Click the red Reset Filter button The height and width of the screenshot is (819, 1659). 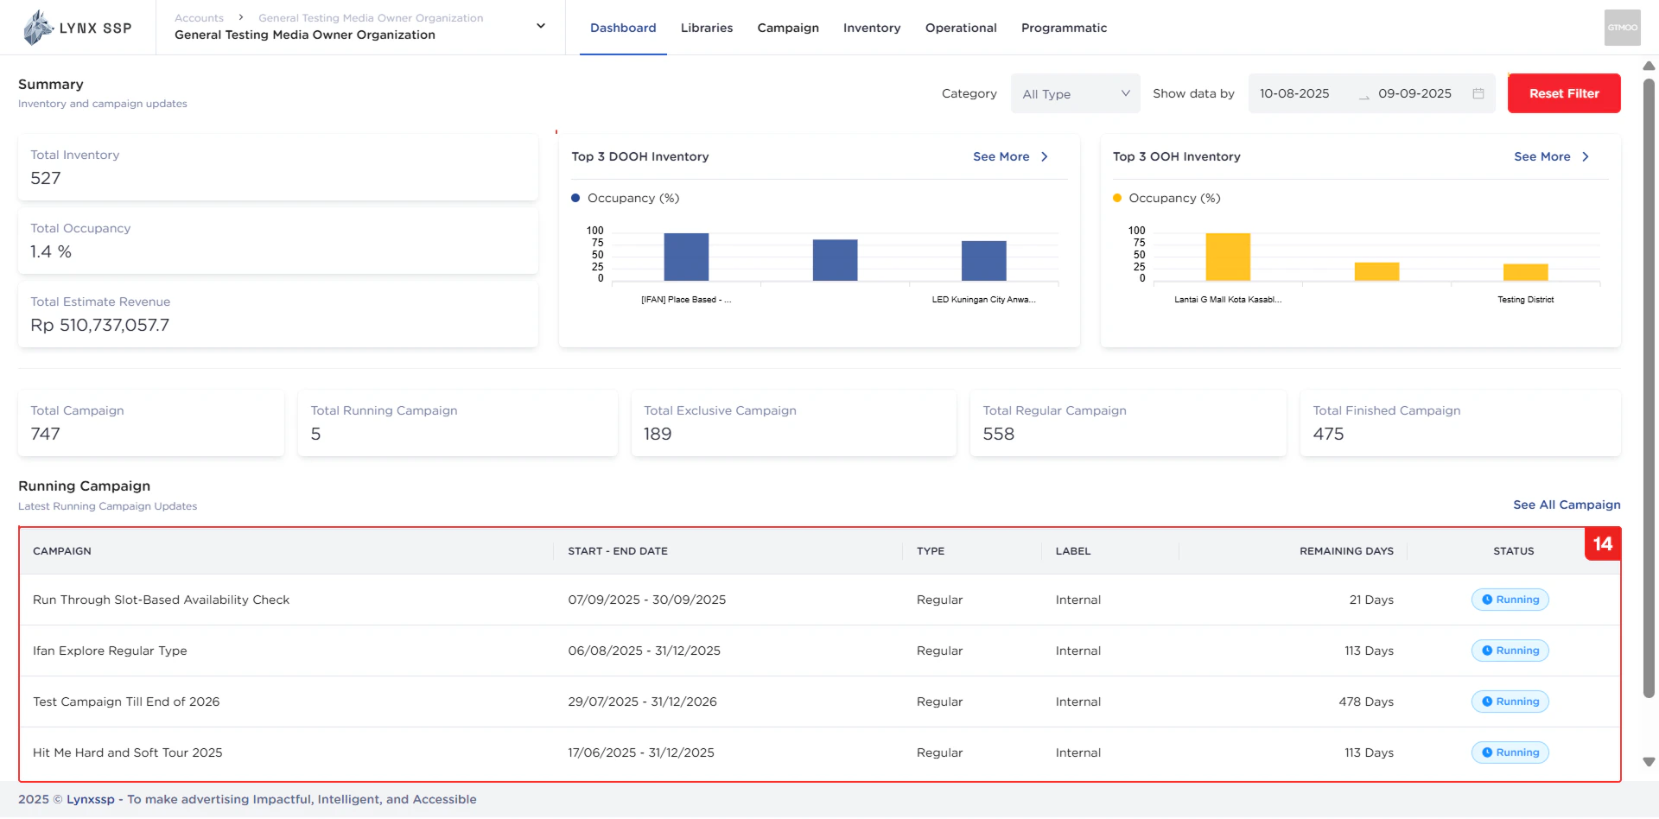pyautogui.click(x=1563, y=93)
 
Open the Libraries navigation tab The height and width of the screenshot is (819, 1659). pyautogui.click(x=706, y=28)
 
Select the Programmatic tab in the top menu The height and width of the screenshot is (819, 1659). pyautogui.click(x=1063, y=28)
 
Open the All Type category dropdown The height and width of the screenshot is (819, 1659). pyautogui.click(x=1075, y=93)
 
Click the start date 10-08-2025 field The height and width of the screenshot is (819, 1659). pyautogui.click(x=1294, y=93)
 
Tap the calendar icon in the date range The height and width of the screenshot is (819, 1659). pyautogui.click(x=1478, y=93)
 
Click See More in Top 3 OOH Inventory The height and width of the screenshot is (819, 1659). pyautogui.click(x=1550, y=156)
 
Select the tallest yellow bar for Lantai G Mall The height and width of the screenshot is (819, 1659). pyautogui.click(x=1228, y=257)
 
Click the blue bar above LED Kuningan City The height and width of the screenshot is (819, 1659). pyautogui.click(x=983, y=261)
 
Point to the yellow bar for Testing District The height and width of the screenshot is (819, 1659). pyautogui.click(x=1525, y=272)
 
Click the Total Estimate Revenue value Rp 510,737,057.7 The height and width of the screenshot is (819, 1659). pyautogui.click(x=100, y=326)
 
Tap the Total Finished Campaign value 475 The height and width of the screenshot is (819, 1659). pyautogui.click(x=1329, y=434)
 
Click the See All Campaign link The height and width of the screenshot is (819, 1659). pyautogui.click(x=1567, y=505)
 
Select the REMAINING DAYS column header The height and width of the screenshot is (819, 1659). pyautogui.click(x=1346, y=551)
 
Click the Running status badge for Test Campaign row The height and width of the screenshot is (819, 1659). pyautogui.click(x=1510, y=702)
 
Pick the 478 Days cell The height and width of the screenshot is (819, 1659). pyautogui.click(x=1365, y=702)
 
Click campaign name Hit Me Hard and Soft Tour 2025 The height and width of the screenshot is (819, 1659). pyautogui.click(x=128, y=752)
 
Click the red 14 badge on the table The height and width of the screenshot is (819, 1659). pyautogui.click(x=1602, y=544)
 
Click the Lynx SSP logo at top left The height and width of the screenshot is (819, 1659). pyautogui.click(x=78, y=28)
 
